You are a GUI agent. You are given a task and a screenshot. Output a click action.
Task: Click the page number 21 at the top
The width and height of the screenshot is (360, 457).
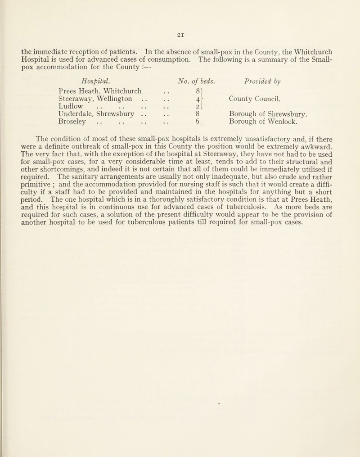[x=180, y=27]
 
